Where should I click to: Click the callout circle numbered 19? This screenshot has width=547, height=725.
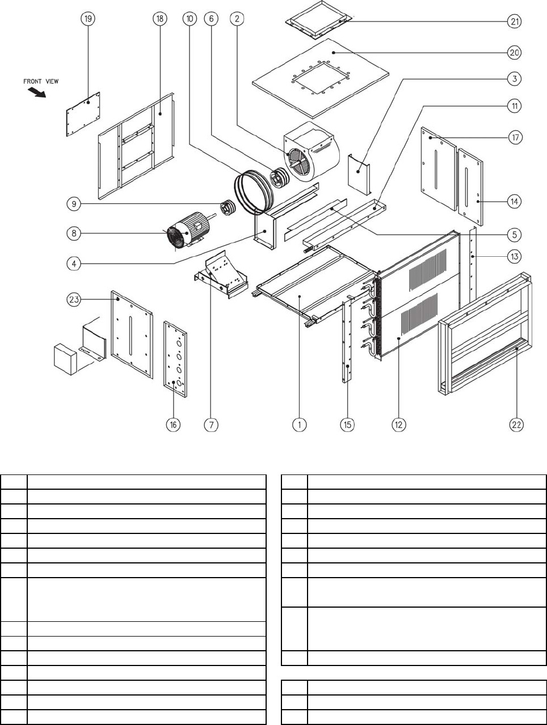[88, 19]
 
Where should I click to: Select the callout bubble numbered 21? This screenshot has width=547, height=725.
[515, 22]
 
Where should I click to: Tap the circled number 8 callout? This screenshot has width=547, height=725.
[74, 234]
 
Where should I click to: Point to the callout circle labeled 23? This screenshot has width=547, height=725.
[74, 299]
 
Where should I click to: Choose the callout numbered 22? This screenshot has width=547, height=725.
[516, 425]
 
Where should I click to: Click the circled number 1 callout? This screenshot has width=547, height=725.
[300, 425]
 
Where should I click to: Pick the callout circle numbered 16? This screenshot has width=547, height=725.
[173, 425]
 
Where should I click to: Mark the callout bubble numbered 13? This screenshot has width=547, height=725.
[515, 256]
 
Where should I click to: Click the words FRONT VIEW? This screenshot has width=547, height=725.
[41, 81]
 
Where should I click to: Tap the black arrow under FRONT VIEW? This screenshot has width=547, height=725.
[37, 92]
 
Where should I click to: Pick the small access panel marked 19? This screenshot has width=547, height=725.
[83, 115]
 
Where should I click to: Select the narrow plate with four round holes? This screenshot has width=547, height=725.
[175, 359]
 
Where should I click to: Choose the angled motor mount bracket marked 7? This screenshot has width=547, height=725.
[221, 275]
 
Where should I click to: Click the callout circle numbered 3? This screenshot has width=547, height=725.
[515, 79]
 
